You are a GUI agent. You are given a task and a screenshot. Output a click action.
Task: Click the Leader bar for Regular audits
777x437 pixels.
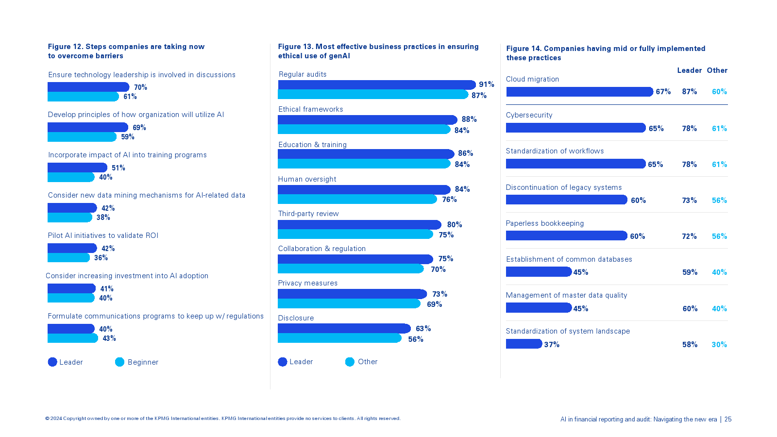pyautogui.click(x=376, y=85)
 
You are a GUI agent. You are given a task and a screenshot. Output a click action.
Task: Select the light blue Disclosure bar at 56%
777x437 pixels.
pyautogui.click(x=339, y=338)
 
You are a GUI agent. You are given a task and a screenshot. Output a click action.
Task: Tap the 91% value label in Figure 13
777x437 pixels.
pyautogui.click(x=486, y=84)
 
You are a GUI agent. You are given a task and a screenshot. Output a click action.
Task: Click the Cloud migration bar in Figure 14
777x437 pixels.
pyautogui.click(x=579, y=92)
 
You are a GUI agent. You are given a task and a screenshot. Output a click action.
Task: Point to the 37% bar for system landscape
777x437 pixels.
pyautogui.click(x=524, y=344)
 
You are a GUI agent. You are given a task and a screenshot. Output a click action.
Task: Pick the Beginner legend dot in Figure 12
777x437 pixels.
pyautogui.click(x=119, y=362)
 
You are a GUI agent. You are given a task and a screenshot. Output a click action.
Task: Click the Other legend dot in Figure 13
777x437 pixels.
pyautogui.click(x=350, y=362)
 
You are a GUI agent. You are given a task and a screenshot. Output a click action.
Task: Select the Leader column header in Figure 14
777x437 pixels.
pyautogui.click(x=689, y=70)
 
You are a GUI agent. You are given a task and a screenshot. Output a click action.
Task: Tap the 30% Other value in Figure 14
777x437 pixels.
pyautogui.click(x=719, y=345)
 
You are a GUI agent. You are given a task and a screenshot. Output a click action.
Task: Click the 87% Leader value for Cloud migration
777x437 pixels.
pyautogui.click(x=689, y=92)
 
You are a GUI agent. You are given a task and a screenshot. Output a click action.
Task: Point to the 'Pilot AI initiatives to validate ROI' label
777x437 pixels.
pyautogui.click(x=103, y=235)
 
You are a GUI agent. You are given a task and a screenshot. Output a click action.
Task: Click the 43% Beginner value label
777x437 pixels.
pyautogui.click(x=109, y=338)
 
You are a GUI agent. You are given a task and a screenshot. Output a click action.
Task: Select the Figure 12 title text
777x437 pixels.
pyautogui.click(x=126, y=51)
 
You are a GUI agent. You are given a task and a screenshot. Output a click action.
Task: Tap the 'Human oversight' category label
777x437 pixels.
pyautogui.click(x=307, y=179)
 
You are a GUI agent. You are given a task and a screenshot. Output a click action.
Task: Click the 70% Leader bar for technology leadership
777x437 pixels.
pyautogui.click(x=88, y=87)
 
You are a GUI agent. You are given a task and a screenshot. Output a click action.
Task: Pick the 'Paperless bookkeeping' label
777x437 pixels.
pyautogui.click(x=545, y=223)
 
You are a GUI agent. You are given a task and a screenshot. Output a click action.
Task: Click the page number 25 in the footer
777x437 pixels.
pyautogui.click(x=728, y=420)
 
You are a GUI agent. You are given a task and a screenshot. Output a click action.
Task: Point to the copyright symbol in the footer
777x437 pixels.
pyautogui.click(x=48, y=419)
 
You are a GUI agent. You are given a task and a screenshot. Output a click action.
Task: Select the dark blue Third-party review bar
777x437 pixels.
pyautogui.click(x=359, y=225)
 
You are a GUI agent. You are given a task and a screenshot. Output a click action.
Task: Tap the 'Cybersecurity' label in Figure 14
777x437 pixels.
pyautogui.click(x=529, y=115)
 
